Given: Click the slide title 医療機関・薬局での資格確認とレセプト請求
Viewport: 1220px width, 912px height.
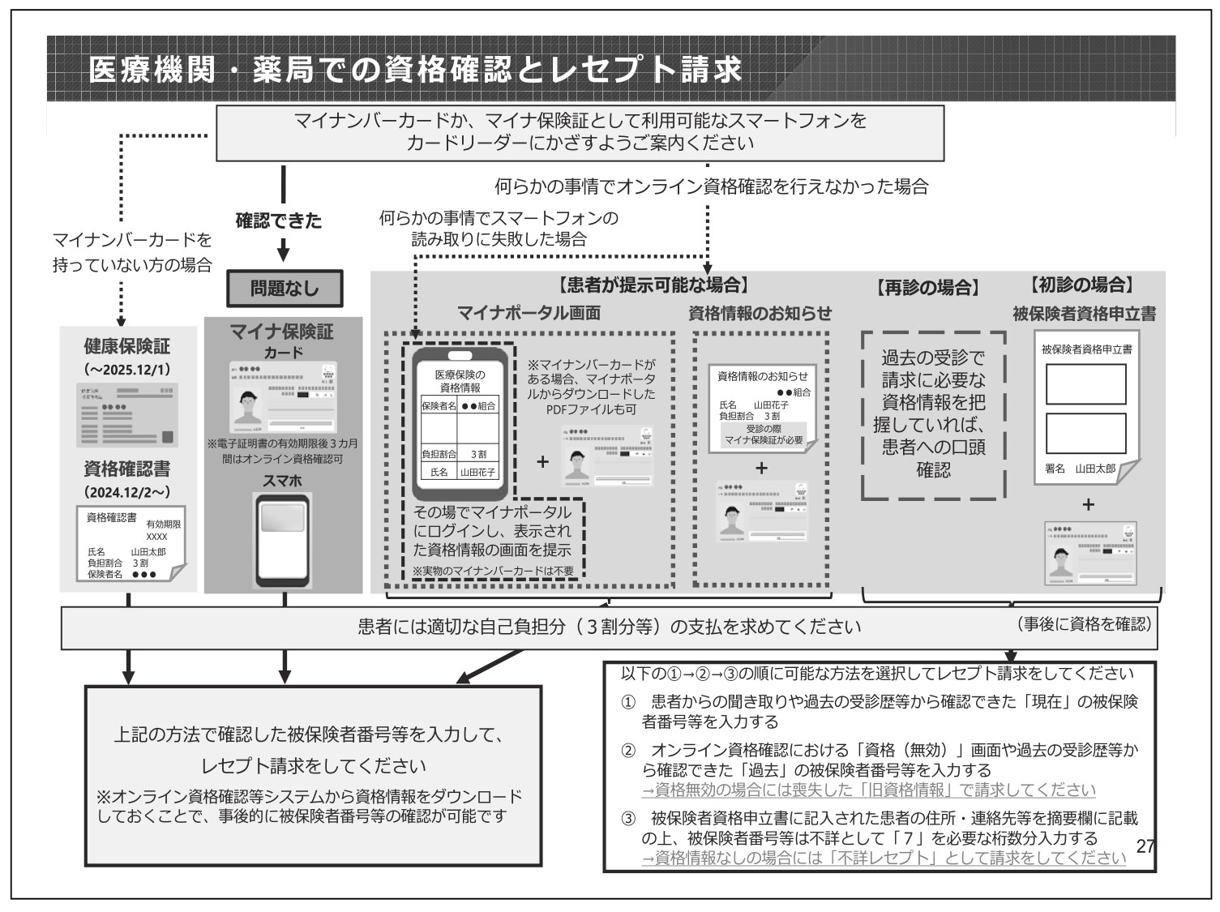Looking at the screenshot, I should click(415, 70).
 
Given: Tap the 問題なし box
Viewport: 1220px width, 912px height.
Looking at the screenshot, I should click(284, 288).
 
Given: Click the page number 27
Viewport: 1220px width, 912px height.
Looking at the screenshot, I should click(1145, 846).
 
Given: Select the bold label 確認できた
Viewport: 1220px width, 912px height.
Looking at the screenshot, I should click(278, 220).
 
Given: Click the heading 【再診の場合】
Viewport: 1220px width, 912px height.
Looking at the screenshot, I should click(927, 287).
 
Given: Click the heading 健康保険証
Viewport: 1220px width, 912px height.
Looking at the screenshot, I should click(127, 346).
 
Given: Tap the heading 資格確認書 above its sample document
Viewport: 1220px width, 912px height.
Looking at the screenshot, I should click(127, 469).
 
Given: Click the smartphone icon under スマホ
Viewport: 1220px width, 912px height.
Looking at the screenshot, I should click(283, 539).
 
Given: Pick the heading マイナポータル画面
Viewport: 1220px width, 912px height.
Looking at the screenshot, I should click(529, 313).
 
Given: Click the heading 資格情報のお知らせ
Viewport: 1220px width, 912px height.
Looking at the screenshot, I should click(760, 313).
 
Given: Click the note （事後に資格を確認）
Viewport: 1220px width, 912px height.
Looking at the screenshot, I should click(1083, 624).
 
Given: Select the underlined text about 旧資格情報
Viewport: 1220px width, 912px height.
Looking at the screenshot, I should click(868, 790).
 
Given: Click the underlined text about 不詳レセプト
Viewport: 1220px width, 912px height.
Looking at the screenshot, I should click(884, 858).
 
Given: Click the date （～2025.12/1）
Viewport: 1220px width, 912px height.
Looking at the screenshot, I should click(127, 369).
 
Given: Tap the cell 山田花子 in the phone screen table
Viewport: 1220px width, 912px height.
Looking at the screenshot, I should click(477, 471).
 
